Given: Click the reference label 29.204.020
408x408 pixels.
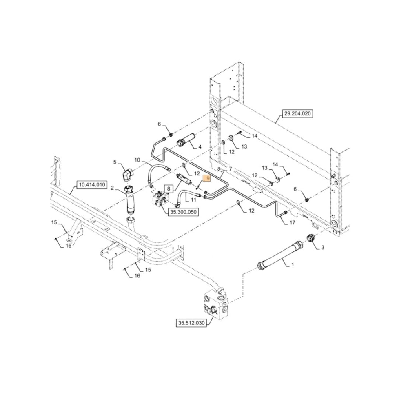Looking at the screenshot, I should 297,114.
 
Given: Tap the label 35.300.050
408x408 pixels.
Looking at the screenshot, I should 183,212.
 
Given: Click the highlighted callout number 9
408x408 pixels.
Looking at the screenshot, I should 207,178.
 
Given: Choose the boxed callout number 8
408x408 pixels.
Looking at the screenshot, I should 168,189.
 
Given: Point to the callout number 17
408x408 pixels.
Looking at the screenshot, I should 292,223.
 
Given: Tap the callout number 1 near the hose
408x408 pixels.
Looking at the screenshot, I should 293,265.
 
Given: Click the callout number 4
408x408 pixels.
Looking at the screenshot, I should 200,146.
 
